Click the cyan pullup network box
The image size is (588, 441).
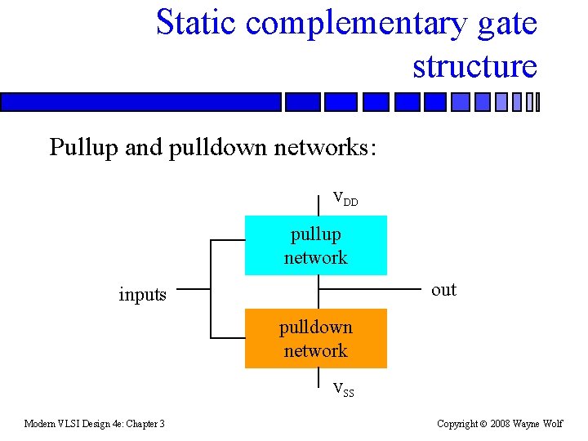[315, 245]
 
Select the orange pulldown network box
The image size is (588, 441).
[315, 338]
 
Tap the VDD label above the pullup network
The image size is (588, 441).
[345, 198]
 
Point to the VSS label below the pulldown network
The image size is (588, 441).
[344, 390]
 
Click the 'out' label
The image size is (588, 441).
[443, 290]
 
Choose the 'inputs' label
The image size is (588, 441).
[142, 295]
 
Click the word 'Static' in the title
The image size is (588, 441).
[196, 23]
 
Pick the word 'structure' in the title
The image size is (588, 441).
[474, 66]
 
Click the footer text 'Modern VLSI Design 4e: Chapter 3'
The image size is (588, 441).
[94, 423]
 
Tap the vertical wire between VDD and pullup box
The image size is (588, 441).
[318, 204]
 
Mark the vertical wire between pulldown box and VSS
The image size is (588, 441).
[318, 379]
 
